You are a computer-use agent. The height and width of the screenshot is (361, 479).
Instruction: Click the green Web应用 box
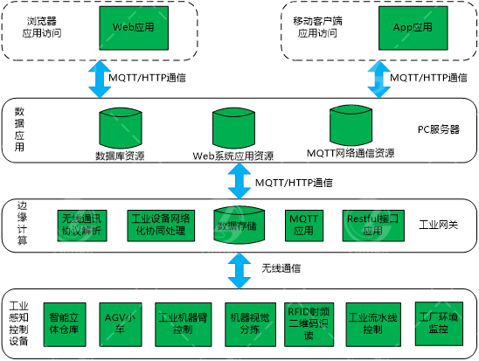point(134,28)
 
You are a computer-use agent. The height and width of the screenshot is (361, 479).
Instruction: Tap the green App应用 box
point(413,28)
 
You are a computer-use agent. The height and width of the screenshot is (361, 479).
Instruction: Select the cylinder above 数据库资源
point(120,128)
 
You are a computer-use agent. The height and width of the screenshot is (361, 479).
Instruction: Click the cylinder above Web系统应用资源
point(233,128)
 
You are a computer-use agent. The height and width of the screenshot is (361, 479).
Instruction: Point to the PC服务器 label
point(438,129)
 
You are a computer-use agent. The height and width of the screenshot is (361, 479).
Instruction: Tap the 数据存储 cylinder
point(239,225)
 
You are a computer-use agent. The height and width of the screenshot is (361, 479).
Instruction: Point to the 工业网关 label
point(437,226)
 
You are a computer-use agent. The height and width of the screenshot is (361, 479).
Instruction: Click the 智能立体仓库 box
point(66,323)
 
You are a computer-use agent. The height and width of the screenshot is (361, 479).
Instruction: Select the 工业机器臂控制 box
point(181,323)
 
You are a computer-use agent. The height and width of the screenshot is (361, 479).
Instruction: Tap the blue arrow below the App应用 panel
point(378,79)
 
